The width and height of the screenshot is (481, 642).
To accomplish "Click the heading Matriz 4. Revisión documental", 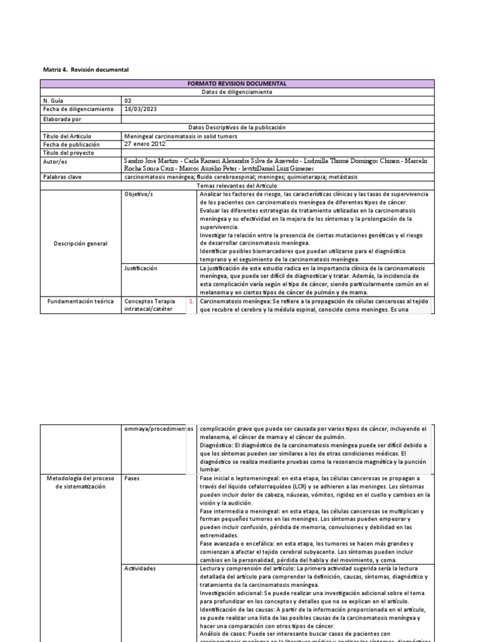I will [85, 70].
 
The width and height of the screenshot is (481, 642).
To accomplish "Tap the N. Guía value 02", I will [129, 100].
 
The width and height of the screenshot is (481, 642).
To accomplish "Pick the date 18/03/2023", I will [141, 109].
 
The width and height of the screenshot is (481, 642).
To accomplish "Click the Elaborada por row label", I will [63, 118].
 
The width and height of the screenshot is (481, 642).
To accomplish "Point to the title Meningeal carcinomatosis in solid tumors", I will [181, 136].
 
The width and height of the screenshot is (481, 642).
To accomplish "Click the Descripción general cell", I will [80, 243].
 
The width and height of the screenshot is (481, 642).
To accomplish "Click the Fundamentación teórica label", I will [81, 302].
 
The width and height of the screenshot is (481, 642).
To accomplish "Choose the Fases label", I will [132, 478].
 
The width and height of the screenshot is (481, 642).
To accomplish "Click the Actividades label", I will [140, 568].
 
